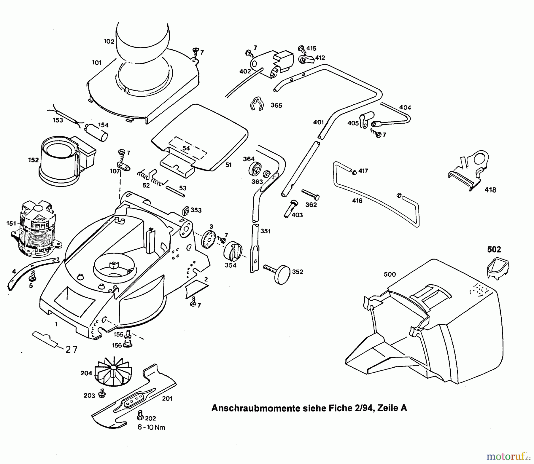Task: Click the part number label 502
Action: pos(494,249)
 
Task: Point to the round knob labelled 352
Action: pos(282,275)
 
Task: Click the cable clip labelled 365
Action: pos(257,104)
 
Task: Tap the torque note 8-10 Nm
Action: pos(151,427)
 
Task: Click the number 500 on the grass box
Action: pos(390,274)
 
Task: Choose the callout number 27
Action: pos(71,350)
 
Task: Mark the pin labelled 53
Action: pos(175,191)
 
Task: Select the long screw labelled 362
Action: pos(310,194)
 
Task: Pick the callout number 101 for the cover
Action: pos(97,63)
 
